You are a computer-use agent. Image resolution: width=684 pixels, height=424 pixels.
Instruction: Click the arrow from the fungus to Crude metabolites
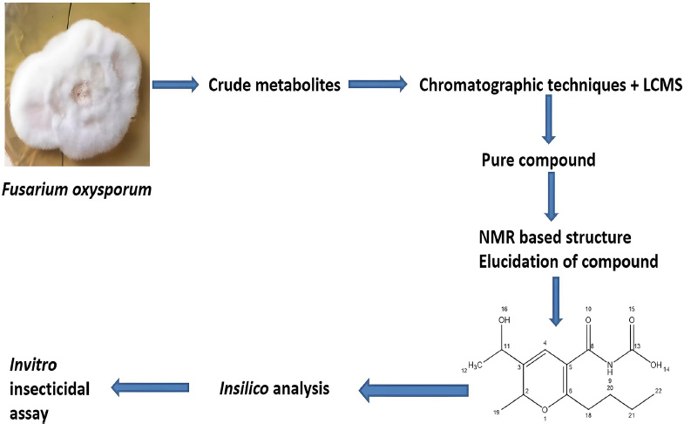coord(176,85)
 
